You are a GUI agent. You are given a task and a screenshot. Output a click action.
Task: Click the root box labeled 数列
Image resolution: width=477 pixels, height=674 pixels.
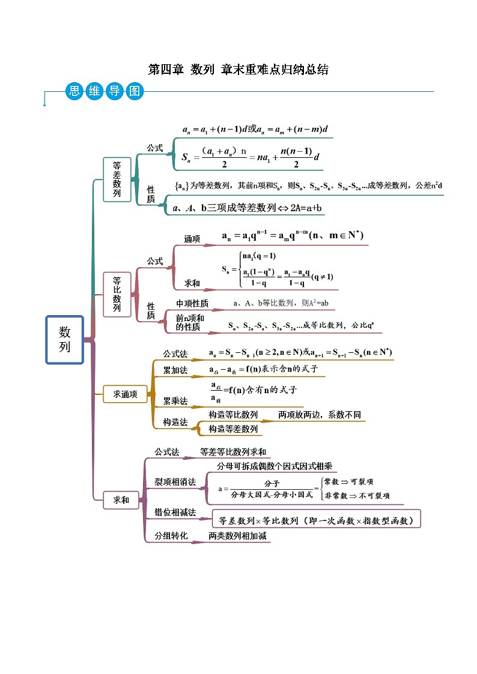click(x=65, y=340)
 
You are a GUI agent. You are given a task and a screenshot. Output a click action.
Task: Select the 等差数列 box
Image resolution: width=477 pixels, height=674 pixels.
click(x=117, y=179)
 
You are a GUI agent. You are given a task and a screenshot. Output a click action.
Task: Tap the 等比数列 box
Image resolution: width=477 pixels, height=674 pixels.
click(x=117, y=294)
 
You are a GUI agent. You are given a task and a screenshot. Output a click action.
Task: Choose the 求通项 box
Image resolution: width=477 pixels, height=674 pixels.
click(x=125, y=394)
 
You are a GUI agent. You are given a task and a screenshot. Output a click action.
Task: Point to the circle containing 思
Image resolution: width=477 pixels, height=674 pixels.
click(x=74, y=91)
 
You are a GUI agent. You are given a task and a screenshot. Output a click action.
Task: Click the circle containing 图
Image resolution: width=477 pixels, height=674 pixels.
click(x=133, y=91)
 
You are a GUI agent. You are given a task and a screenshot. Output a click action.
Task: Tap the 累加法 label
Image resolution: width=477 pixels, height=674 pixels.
click(x=175, y=370)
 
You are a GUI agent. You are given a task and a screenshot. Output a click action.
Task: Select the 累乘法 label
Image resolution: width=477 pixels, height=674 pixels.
click(x=175, y=400)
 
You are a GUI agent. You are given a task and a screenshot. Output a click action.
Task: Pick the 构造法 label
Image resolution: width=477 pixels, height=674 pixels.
click(x=175, y=423)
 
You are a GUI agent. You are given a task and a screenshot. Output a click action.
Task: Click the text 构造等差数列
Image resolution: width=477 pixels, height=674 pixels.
click(x=233, y=429)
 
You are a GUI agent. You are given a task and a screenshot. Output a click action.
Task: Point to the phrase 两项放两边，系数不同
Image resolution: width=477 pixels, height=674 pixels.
click(x=320, y=415)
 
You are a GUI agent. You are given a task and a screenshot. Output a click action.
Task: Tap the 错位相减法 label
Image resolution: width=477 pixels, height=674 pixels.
click(x=175, y=513)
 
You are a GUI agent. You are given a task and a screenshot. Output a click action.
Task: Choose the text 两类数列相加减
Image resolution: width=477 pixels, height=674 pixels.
click(x=237, y=535)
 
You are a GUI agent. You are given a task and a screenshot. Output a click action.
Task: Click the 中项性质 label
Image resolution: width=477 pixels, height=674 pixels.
click(x=192, y=303)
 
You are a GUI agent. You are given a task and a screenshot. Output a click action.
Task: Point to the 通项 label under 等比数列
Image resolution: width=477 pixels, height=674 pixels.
click(x=192, y=239)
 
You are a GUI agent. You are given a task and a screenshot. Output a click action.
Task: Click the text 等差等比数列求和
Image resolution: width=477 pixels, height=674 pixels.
click(x=233, y=452)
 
